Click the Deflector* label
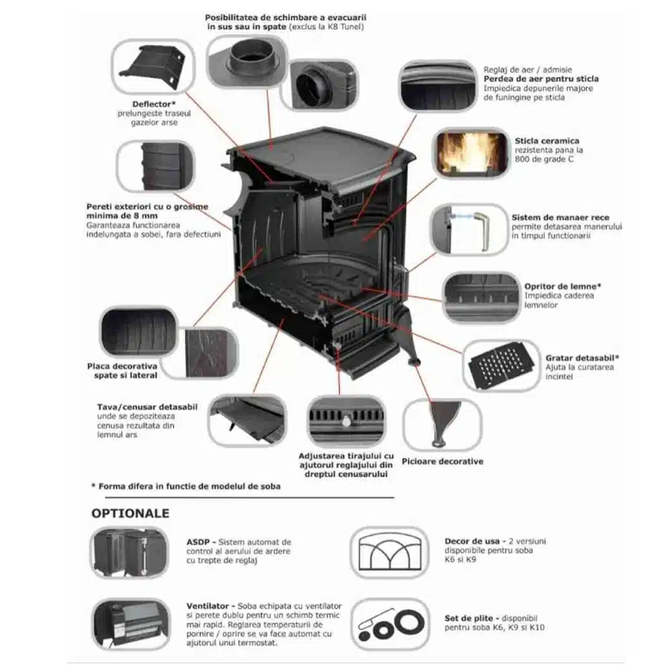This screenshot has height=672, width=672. coord(154,104)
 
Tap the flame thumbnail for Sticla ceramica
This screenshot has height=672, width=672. coord(472,153)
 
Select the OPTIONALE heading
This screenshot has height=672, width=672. coord(130,513)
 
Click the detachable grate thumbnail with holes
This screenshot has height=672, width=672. coord(502,365)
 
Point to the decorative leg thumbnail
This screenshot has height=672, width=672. coord(442,424)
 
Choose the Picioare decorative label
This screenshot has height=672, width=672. coord(442,462)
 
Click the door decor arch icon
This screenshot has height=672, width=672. coord(390,552)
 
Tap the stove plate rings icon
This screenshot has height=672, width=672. coord(390,624)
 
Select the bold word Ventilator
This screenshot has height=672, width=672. coord(208,606)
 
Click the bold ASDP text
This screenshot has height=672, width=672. coord(198,542)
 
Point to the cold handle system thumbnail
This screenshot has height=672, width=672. coord(469,230)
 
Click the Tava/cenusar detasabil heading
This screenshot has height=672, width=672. coord(147,407)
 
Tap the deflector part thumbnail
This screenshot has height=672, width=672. coord(153,66)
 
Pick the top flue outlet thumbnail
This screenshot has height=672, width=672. coord(247,61)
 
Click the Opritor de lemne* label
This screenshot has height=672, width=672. coord(562,286)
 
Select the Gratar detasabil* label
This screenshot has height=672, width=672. coord(582,358)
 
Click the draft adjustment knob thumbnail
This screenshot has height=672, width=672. coord(346,421)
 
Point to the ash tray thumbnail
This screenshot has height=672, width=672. coord(247,421)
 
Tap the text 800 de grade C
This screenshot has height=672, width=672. coord(544,159)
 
